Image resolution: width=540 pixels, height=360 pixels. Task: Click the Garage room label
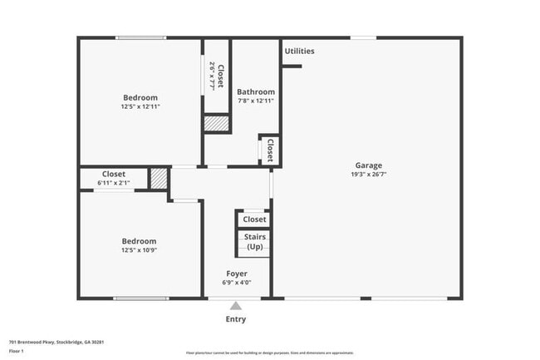tap(369, 165)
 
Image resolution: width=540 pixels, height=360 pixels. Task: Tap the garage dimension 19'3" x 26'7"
tap(369, 175)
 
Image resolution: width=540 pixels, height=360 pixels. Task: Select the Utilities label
tap(299, 52)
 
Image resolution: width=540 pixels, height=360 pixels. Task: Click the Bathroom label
tap(255, 91)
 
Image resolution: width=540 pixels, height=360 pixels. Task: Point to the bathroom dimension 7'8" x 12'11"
tap(255, 101)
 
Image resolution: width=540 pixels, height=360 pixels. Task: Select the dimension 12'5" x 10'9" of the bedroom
tap(139, 250)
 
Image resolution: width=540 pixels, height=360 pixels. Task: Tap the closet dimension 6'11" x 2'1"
tap(113, 183)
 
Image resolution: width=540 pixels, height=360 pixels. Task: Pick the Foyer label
tap(237, 274)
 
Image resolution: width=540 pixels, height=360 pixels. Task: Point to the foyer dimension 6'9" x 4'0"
tap(237, 283)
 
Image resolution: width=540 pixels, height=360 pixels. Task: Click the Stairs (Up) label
tap(254, 242)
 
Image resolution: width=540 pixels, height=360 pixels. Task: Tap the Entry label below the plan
tap(236, 319)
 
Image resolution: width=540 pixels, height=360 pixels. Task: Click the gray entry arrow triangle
tap(236, 306)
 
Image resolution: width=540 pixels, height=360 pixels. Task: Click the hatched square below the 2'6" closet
tap(216, 123)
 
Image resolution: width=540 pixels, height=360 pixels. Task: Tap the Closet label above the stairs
tap(254, 219)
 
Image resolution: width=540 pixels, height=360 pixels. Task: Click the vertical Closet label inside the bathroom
tap(269, 150)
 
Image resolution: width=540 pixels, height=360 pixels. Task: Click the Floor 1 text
tap(17, 352)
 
